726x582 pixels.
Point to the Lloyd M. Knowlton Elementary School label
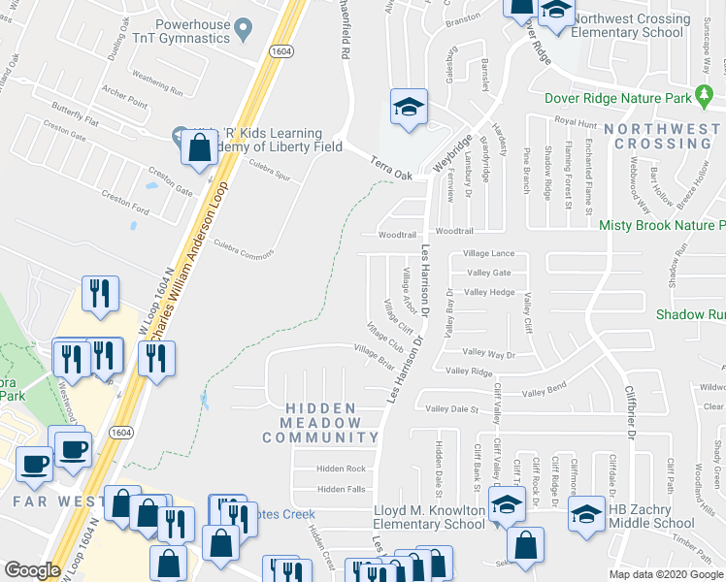[429, 517]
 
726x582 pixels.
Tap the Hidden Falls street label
[341, 490]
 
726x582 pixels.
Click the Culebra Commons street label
[244, 250]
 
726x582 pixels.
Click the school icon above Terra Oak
[409, 107]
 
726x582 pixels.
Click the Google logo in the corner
[32, 570]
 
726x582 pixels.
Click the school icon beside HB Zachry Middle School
[586, 515]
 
